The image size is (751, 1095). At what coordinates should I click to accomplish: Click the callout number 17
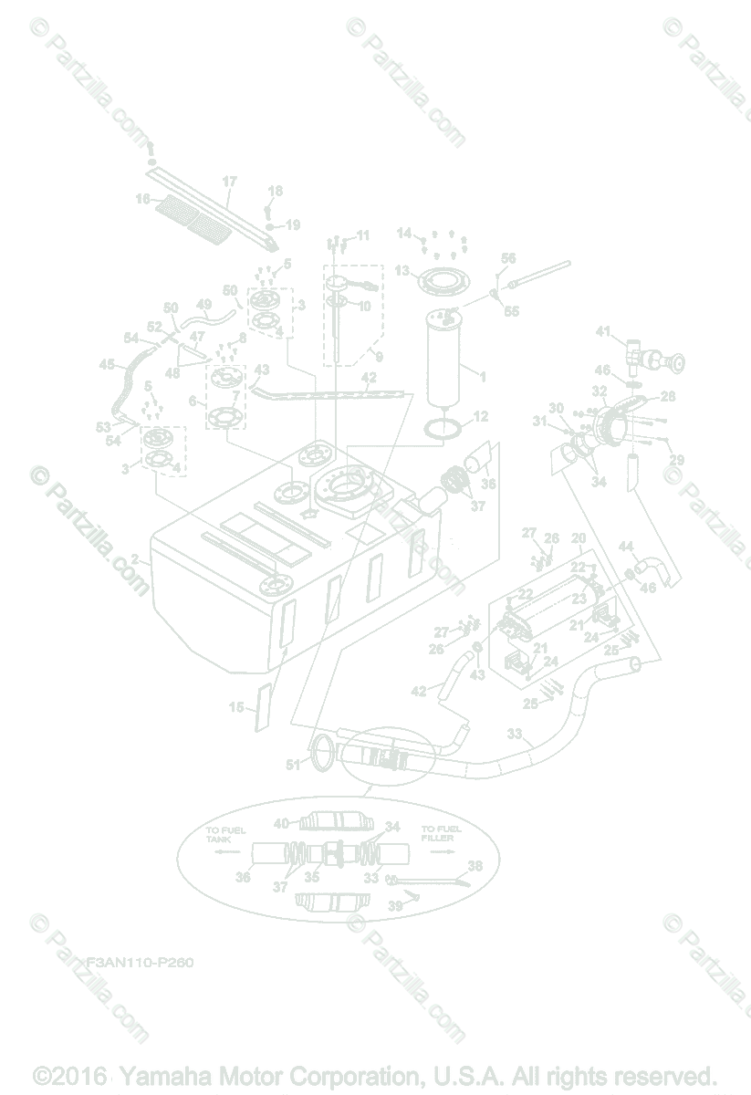229,181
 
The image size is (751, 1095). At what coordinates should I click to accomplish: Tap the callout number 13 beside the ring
402,271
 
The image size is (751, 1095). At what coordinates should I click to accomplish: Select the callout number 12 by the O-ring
480,417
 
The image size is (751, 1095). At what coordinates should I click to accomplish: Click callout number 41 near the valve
602,331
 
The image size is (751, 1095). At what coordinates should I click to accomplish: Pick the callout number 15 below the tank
236,707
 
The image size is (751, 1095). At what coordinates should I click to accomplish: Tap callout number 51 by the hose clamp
291,766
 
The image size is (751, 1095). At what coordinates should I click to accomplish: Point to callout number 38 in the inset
475,865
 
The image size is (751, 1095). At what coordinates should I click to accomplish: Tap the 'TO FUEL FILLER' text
441,834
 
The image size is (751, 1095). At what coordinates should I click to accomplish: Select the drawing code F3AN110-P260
140,962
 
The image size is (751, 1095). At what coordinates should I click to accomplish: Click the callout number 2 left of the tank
135,558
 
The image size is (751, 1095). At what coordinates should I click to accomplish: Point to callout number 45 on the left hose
108,364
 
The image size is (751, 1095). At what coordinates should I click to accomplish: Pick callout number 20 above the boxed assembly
578,538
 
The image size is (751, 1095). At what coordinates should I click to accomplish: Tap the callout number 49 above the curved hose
203,304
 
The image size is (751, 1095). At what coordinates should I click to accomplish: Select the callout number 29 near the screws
677,459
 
